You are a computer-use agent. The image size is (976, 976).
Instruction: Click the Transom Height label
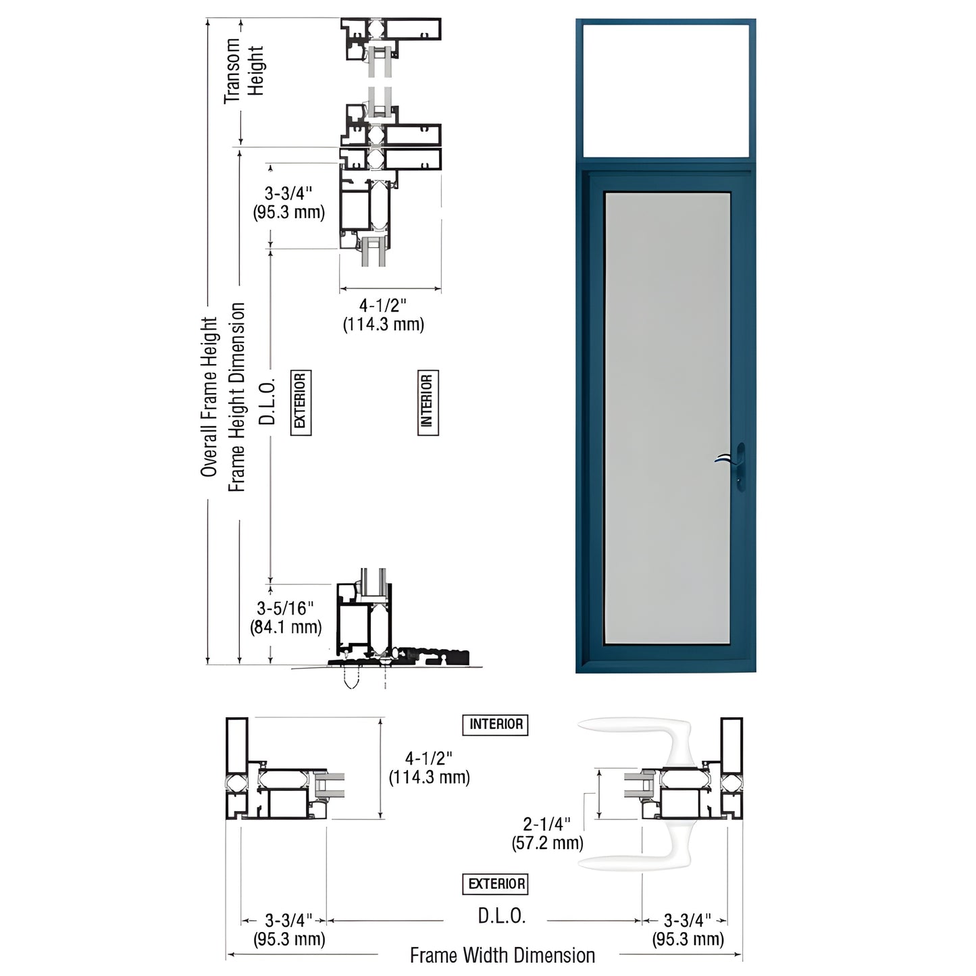[x=244, y=71]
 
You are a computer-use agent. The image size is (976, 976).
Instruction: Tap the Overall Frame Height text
[x=209, y=397]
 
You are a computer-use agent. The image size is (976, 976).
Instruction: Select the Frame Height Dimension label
[x=236, y=397]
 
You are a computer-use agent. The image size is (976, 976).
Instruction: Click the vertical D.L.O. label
[x=268, y=401]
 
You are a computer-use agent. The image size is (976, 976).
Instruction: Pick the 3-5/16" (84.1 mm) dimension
[x=286, y=618]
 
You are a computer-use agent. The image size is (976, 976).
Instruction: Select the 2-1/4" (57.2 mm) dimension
[x=547, y=833]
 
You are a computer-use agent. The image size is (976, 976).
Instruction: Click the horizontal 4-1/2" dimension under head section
[x=383, y=315]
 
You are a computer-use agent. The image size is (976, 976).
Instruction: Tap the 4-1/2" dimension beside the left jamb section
[x=429, y=768]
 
